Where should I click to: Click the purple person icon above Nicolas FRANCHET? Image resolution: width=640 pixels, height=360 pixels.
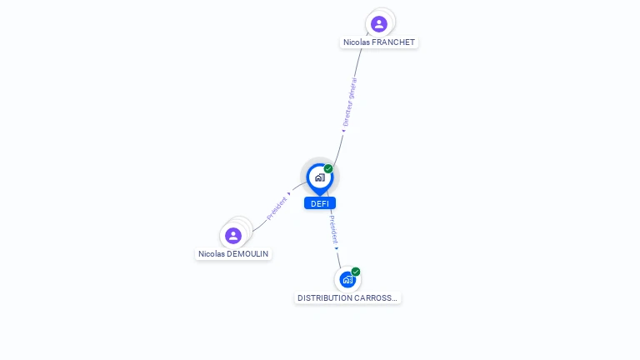[x=379, y=23]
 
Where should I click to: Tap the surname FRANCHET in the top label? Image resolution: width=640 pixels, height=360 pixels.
[x=394, y=42]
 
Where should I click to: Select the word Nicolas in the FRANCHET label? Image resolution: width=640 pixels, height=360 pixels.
[x=357, y=42]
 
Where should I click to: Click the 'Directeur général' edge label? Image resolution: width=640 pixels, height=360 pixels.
[x=350, y=102]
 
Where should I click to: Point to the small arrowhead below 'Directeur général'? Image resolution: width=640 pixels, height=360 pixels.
[x=343, y=130]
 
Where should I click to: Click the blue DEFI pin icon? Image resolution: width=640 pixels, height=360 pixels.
[x=319, y=177]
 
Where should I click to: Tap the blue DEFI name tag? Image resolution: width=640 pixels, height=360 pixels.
[x=319, y=203]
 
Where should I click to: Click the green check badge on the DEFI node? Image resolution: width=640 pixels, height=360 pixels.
[x=328, y=169]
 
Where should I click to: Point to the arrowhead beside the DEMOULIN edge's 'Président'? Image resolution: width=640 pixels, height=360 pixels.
[x=289, y=193]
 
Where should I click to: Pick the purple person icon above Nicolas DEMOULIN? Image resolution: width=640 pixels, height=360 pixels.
[x=233, y=235]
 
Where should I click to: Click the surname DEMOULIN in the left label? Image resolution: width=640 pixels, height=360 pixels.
[x=248, y=254]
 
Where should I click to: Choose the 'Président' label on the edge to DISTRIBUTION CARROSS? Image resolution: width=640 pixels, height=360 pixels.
[x=332, y=227]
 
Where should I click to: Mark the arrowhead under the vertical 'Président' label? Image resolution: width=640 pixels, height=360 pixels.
[x=337, y=247]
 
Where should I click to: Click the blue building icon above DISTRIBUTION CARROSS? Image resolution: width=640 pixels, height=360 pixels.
[x=347, y=280]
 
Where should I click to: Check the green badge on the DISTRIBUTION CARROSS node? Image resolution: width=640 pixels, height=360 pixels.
[x=356, y=272]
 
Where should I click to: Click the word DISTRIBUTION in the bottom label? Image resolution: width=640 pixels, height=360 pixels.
[x=325, y=298]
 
